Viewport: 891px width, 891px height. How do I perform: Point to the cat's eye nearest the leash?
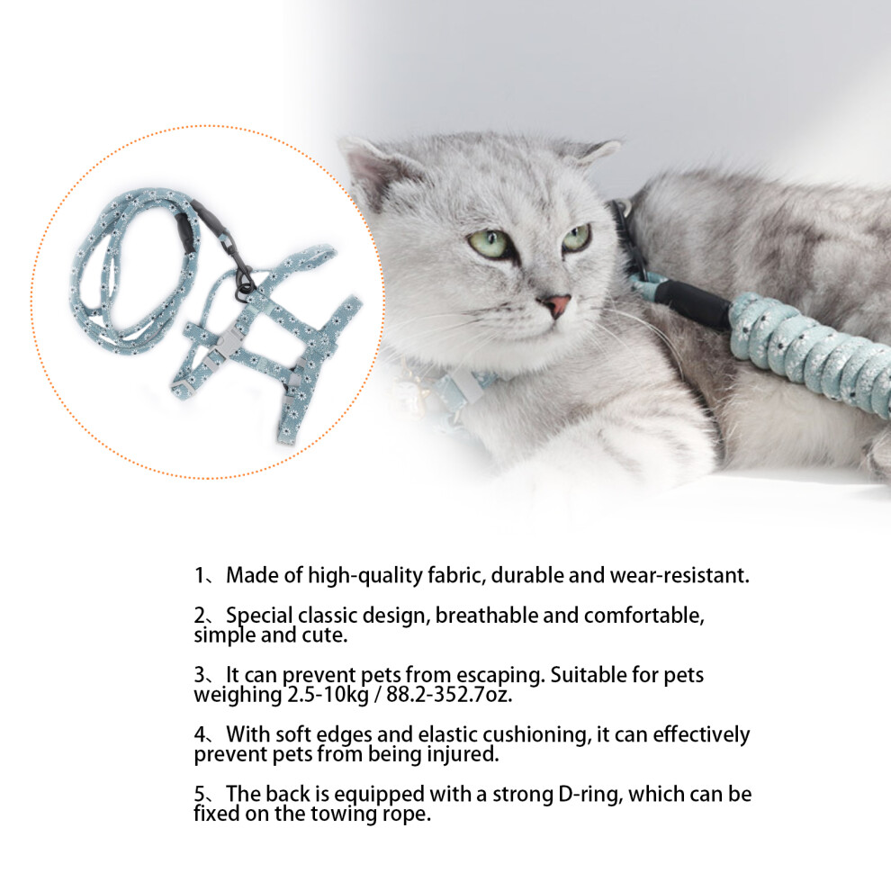click(x=576, y=238)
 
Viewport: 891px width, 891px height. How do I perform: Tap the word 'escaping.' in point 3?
click(x=501, y=676)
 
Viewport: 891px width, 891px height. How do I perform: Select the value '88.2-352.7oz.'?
click(x=449, y=695)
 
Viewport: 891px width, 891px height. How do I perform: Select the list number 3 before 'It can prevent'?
click(x=200, y=675)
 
